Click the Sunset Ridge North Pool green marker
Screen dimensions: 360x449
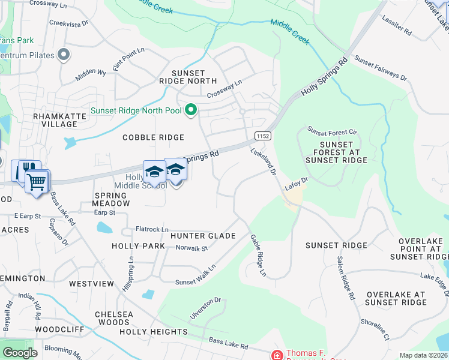191,110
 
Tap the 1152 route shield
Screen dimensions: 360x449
262,136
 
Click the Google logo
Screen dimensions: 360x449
20,353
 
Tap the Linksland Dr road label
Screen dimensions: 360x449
263,163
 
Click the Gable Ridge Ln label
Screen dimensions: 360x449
258,255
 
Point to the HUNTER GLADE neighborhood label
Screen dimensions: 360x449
202,236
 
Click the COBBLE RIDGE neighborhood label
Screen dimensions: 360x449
153,137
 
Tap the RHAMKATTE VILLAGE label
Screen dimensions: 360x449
55,120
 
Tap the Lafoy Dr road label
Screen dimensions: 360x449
296,184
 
